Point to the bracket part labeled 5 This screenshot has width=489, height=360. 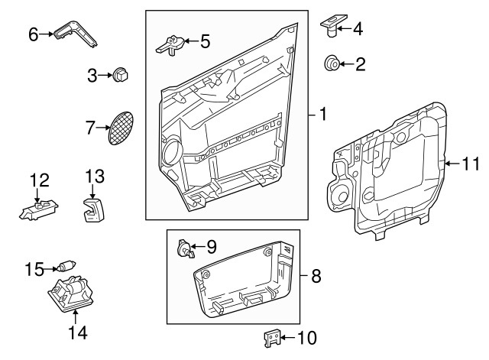[173, 44]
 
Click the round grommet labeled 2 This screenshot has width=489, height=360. [333, 63]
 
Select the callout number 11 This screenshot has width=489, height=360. [471, 162]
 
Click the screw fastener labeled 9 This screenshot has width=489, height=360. [184, 248]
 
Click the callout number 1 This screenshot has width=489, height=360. [323, 115]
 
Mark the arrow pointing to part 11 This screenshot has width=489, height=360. [453, 162]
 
